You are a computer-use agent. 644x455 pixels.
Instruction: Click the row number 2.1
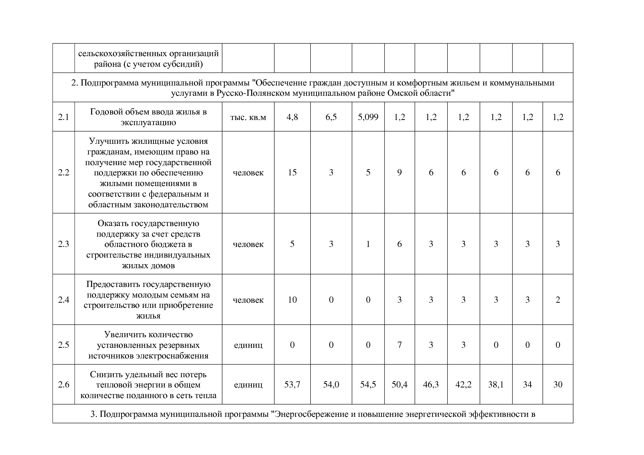click(64, 117)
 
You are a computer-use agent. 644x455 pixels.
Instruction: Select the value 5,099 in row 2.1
click(368, 117)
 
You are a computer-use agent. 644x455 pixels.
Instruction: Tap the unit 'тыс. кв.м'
click(248, 117)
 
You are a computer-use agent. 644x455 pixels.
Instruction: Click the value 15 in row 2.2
click(292, 172)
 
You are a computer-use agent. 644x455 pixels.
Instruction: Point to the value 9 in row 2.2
click(399, 172)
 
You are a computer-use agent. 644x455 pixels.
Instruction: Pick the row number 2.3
click(64, 244)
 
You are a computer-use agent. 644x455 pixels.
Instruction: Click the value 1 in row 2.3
click(368, 244)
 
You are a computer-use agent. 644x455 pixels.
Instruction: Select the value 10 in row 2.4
click(292, 300)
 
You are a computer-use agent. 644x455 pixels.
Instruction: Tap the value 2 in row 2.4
click(558, 300)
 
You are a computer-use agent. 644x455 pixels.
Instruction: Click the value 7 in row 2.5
click(399, 345)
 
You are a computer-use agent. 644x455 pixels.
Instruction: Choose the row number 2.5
click(64, 345)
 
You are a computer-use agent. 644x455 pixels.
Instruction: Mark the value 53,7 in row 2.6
click(292, 385)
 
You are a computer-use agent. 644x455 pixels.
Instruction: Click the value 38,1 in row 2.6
click(496, 385)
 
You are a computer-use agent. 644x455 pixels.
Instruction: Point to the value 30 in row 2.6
click(558, 385)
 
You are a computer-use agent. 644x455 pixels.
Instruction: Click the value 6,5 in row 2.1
click(331, 117)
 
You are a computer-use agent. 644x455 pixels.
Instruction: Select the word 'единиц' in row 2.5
click(248, 345)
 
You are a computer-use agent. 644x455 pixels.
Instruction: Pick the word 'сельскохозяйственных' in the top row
click(123, 54)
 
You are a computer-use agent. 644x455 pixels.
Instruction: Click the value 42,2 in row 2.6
click(463, 385)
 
